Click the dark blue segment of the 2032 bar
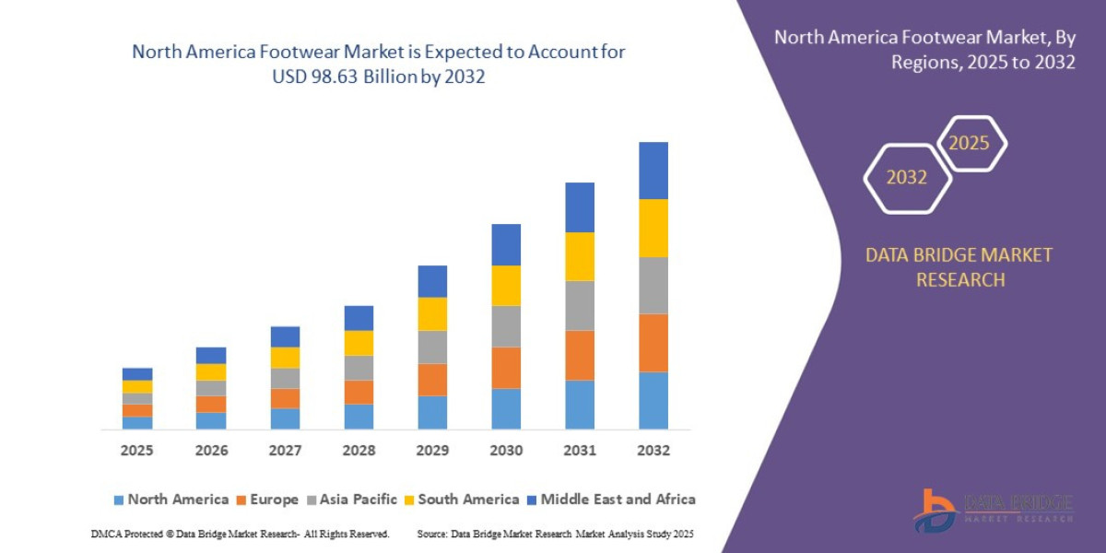(653, 171)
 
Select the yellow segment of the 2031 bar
(579, 256)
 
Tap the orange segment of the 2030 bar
(505, 367)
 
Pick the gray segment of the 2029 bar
(431, 347)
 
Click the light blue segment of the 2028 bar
(359, 417)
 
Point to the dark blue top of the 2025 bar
(137, 374)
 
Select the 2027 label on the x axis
(285, 451)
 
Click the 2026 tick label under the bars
(211, 451)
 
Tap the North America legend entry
(171, 500)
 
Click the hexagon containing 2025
(970, 144)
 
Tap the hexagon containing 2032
(907, 177)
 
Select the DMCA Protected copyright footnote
(240, 534)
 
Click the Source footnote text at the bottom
(555, 534)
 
